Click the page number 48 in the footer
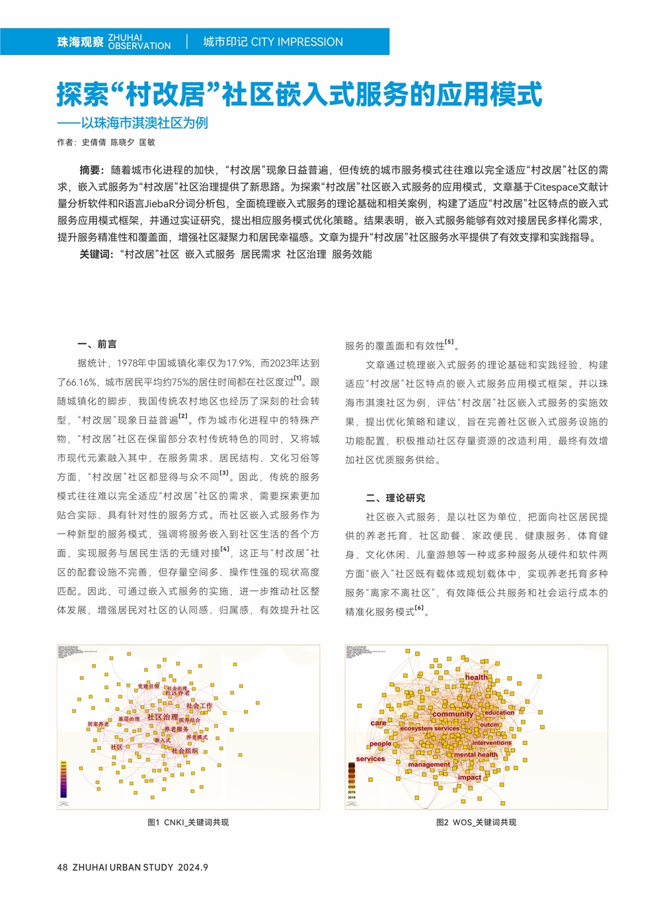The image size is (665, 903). [62, 867]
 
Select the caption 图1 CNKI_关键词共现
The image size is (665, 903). [188, 822]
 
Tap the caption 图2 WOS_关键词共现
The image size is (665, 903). [476, 822]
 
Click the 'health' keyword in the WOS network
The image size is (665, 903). [476, 677]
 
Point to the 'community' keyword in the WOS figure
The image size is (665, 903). [453, 714]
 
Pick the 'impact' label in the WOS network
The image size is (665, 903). [469, 777]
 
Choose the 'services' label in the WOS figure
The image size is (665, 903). [370, 759]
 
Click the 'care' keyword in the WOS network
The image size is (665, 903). [378, 723]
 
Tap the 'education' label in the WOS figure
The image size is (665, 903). [499, 712]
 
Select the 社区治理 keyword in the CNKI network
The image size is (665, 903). [163, 716]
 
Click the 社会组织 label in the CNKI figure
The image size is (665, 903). [184, 751]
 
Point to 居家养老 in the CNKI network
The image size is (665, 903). [98, 724]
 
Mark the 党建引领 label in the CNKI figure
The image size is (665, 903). [148, 686]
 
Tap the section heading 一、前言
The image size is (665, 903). [97, 344]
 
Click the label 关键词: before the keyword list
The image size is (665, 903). [97, 254]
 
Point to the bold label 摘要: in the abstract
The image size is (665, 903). [92, 170]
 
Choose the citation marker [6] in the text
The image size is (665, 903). [419, 609]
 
